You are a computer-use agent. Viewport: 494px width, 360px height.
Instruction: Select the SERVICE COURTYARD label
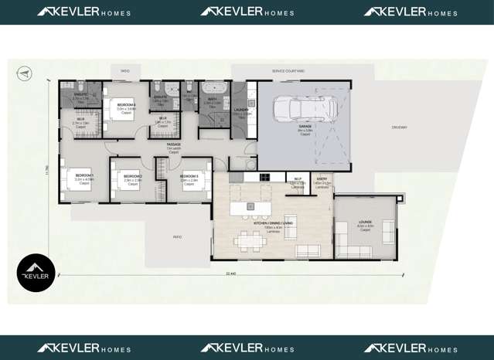point(288,70)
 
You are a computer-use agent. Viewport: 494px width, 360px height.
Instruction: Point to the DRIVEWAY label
point(399,127)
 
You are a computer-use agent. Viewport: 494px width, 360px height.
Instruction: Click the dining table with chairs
point(250,241)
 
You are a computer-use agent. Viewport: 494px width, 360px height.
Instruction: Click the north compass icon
point(25,73)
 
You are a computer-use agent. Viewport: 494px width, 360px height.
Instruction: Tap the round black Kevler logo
point(36,273)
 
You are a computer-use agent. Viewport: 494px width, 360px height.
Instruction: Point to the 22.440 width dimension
point(230,273)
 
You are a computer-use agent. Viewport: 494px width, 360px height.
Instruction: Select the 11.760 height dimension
point(47,170)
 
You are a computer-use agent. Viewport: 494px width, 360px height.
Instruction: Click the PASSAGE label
point(174,145)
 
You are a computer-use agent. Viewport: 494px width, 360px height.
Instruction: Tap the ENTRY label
point(322,180)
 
